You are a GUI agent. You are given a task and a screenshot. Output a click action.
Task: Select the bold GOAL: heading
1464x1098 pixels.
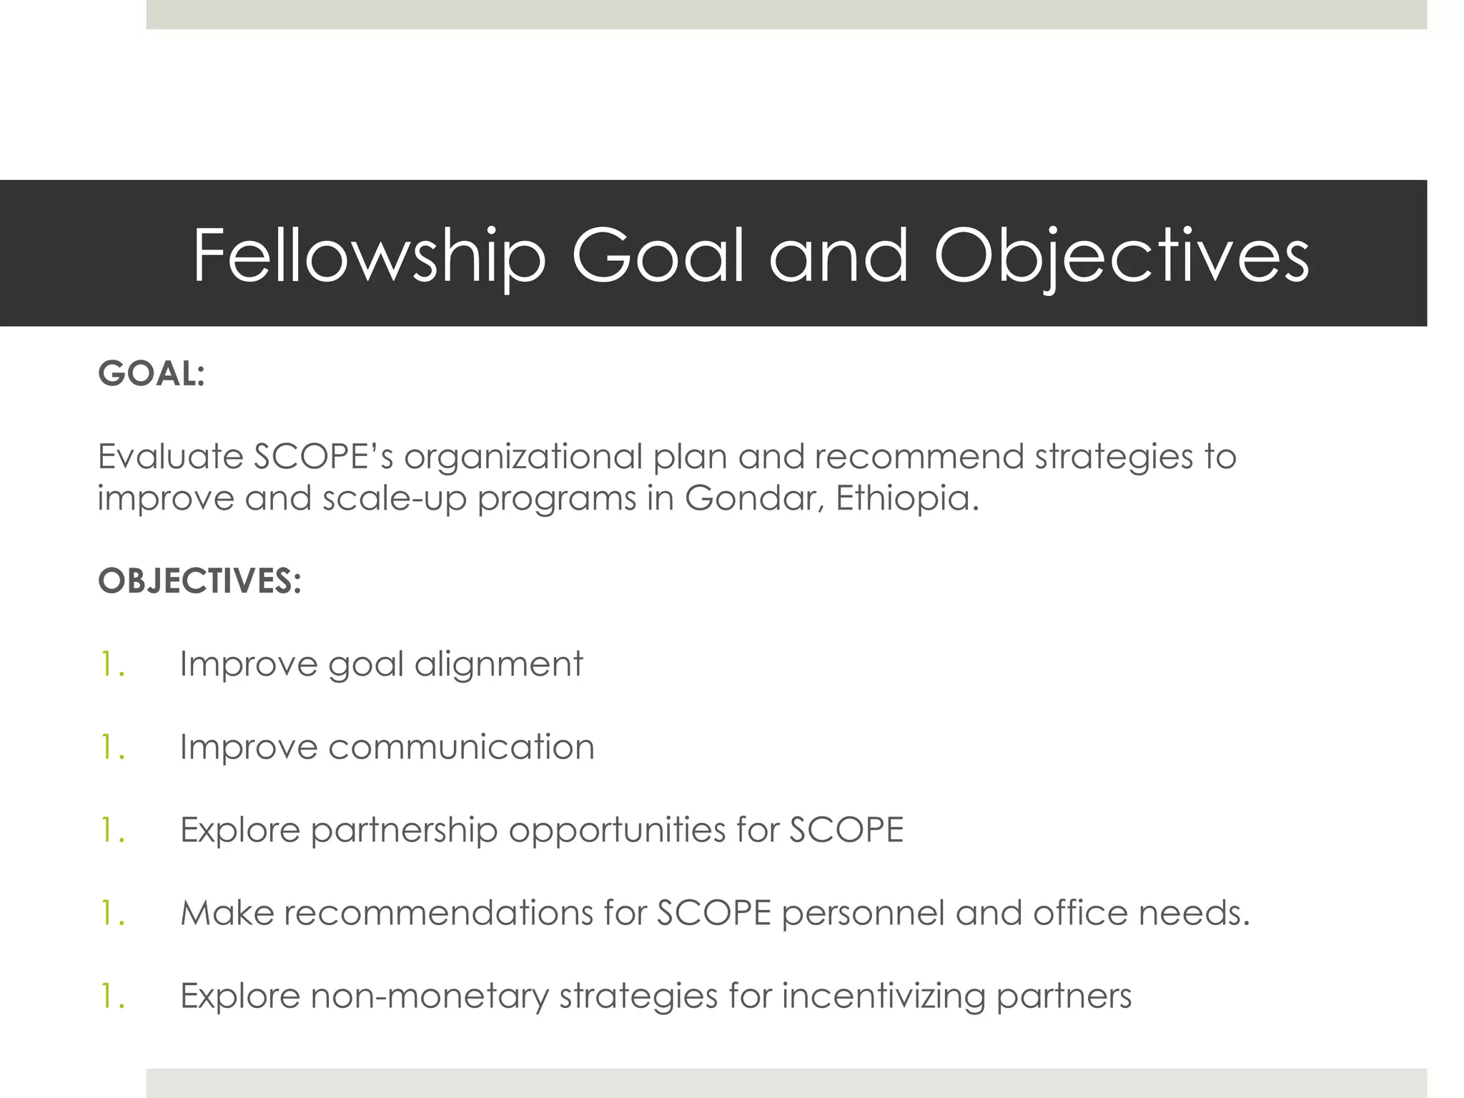click(152, 374)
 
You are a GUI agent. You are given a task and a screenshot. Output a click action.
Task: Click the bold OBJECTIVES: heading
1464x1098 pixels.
click(199, 580)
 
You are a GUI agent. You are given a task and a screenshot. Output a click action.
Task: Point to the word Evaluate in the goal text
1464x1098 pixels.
click(170, 457)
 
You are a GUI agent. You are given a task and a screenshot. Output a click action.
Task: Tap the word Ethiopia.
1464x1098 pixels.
click(906, 498)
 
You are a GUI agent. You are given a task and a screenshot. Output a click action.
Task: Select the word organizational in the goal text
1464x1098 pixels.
click(523, 457)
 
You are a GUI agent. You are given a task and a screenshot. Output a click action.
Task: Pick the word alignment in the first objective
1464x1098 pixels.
click(498, 664)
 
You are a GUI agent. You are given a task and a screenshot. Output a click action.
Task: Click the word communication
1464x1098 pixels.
click(461, 747)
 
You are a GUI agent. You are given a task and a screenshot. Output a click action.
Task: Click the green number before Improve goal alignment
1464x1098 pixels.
click(112, 664)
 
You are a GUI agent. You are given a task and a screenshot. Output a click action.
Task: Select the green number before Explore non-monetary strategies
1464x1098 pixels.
click(112, 996)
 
